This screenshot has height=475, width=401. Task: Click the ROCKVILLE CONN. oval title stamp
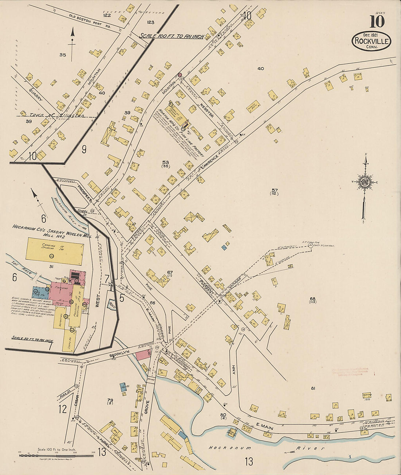pyautogui.click(x=371, y=41)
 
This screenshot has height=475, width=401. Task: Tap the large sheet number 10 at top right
pyautogui.click(x=377, y=22)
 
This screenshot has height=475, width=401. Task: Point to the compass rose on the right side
pyautogui.click(x=365, y=182)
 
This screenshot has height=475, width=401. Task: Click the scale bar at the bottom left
pyautogui.click(x=57, y=455)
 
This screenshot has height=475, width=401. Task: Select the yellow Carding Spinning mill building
pyautogui.click(x=54, y=252)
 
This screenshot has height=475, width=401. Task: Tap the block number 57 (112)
pyautogui.click(x=275, y=192)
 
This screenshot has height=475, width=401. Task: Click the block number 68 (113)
pyautogui.click(x=312, y=301)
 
